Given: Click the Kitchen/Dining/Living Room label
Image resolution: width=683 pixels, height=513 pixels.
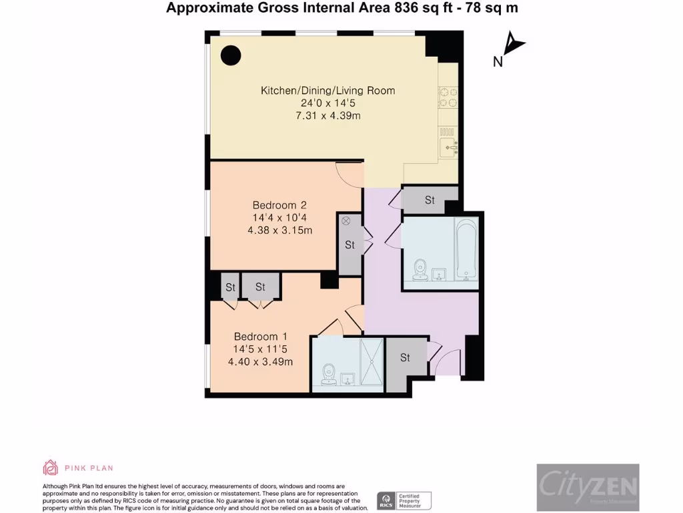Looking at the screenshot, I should (x=327, y=91).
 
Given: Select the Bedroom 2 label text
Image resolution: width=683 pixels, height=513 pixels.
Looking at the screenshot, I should (x=279, y=205).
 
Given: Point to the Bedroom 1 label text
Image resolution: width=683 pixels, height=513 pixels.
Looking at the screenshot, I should (x=260, y=337).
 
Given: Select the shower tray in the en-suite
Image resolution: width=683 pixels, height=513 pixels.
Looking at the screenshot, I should (x=372, y=362).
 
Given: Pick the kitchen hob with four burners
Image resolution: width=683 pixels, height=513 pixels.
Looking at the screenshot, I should (x=448, y=98).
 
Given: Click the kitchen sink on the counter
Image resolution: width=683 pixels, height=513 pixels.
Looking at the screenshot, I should (x=448, y=142).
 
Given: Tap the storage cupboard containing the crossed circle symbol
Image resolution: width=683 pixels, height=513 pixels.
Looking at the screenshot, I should (x=349, y=244).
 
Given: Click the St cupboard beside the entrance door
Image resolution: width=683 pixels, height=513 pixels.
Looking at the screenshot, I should (x=405, y=358).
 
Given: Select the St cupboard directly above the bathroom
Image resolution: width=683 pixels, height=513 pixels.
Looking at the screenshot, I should (x=430, y=200).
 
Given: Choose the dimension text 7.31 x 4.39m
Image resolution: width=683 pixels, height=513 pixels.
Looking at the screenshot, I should (x=327, y=116).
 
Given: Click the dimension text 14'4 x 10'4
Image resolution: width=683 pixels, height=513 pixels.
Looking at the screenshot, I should (x=279, y=218).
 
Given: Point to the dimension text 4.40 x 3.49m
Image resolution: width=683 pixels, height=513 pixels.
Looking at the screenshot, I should (x=260, y=362).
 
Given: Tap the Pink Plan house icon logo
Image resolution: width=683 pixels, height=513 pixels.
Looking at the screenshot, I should (x=51, y=468).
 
